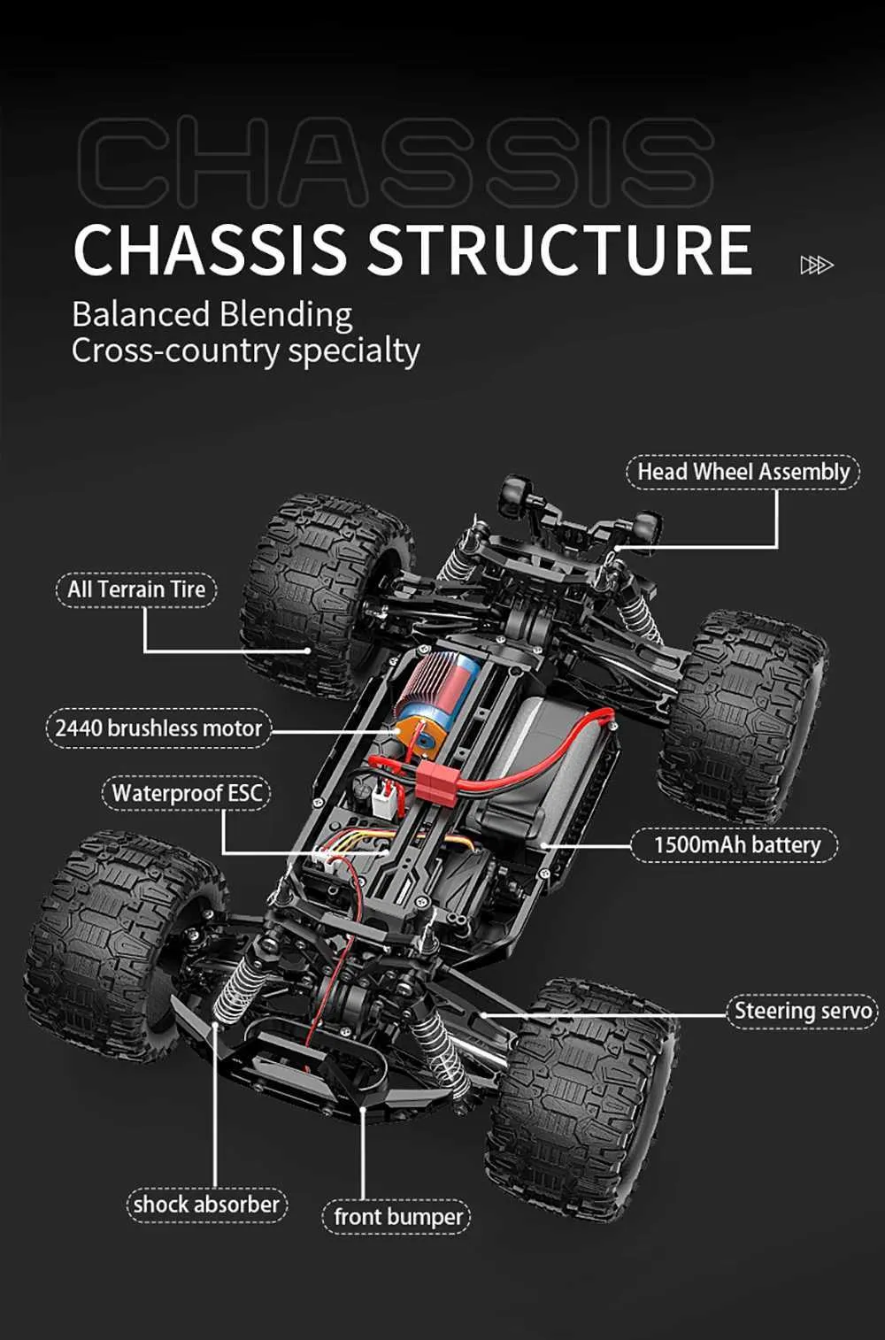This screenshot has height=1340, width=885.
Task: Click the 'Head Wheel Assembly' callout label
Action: point(743,472)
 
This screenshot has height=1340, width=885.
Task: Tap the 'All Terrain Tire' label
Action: point(136,589)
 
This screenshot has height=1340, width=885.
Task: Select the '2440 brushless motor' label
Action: point(158,728)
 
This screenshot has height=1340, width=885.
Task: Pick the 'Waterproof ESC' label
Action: point(187,793)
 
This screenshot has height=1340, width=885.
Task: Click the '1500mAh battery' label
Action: point(735,845)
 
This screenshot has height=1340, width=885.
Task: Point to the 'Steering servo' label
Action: point(802,1011)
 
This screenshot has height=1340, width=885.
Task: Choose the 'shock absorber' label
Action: point(206,1205)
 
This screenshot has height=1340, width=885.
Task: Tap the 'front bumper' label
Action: point(397,1217)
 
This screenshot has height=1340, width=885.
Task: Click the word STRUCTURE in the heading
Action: point(559,250)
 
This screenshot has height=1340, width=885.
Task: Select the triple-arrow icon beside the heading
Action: point(816,265)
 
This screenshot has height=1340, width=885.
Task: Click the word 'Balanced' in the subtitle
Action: point(142,314)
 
